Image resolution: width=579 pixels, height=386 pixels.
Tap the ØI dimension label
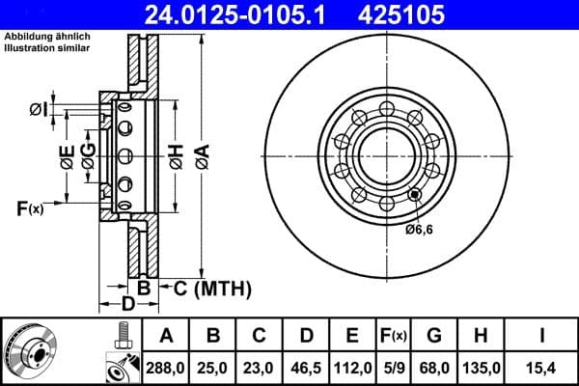coord(38,108)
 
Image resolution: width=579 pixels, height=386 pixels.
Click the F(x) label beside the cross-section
coord(30,207)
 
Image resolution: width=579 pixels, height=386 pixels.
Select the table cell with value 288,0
coord(166,367)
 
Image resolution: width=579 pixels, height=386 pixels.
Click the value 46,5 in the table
coord(306,367)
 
